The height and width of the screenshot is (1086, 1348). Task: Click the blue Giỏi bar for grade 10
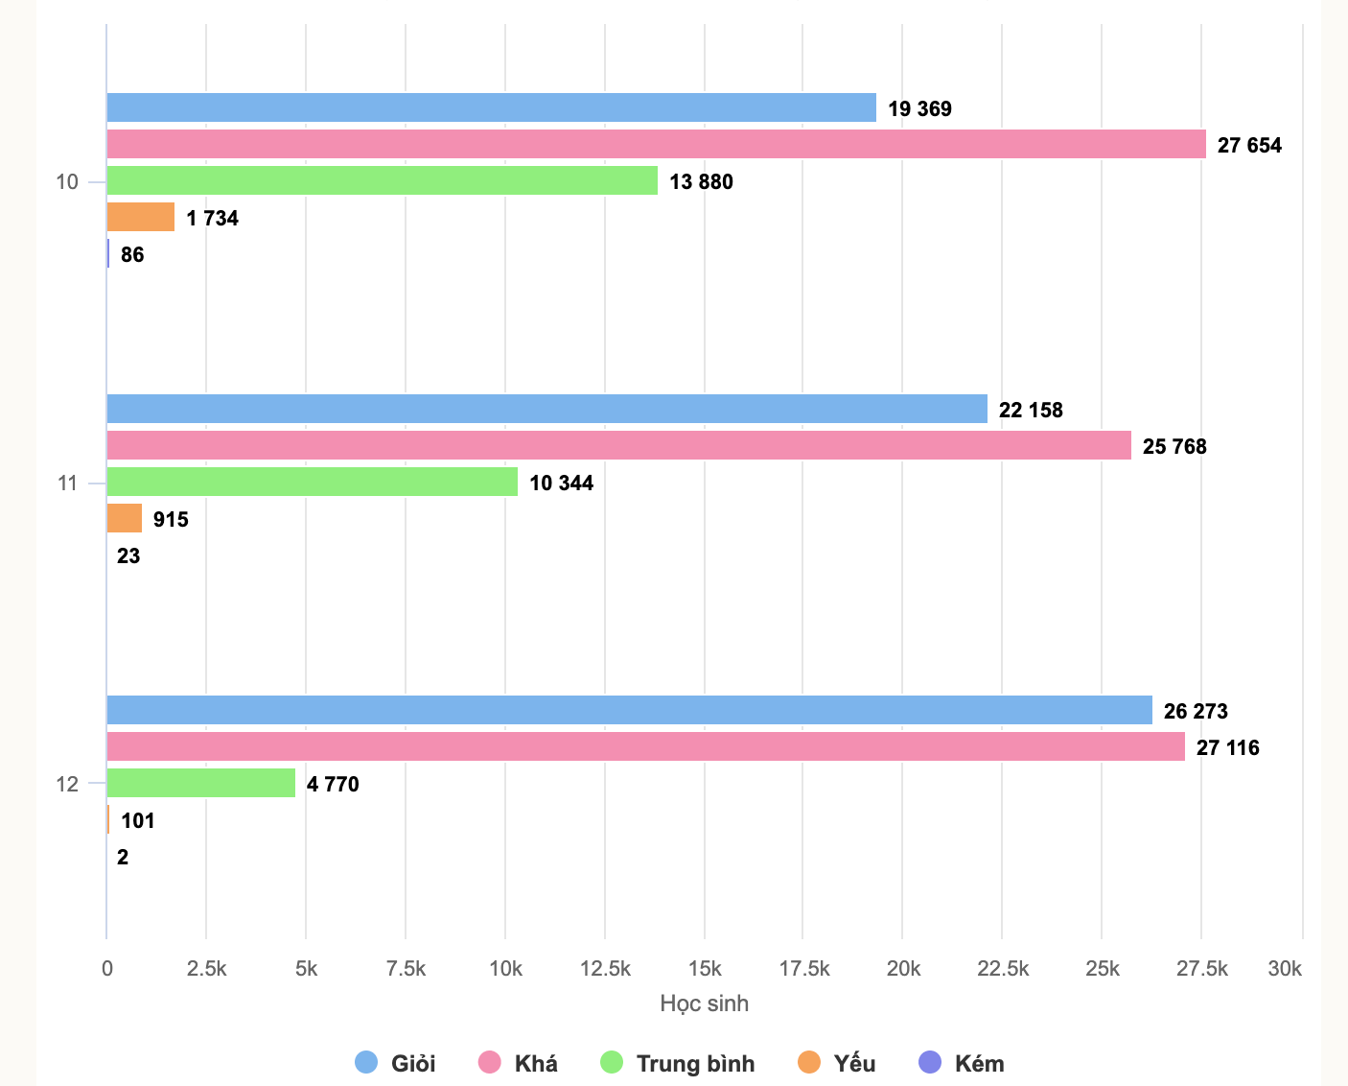click(x=491, y=107)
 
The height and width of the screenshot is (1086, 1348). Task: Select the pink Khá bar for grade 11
click(x=618, y=445)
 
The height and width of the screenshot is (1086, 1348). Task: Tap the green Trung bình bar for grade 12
click(x=200, y=783)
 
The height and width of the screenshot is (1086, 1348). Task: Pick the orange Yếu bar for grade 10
click(x=140, y=217)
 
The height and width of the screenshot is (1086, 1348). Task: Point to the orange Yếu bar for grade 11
click(x=124, y=518)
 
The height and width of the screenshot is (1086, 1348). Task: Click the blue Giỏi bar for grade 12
click(x=629, y=710)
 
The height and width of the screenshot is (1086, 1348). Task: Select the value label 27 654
click(x=1249, y=145)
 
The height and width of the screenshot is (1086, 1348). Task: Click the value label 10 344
click(x=561, y=483)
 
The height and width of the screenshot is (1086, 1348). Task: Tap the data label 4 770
click(x=333, y=784)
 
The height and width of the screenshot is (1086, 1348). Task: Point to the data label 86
click(x=132, y=254)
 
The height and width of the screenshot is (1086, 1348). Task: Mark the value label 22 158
click(x=1031, y=410)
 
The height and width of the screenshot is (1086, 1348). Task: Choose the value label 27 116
click(x=1227, y=747)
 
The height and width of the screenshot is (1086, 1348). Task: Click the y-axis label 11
click(x=67, y=483)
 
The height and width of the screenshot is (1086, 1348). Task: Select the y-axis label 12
click(x=67, y=784)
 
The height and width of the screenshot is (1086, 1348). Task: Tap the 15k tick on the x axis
click(x=705, y=968)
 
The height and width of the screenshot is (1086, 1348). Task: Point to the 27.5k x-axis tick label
click(x=1201, y=968)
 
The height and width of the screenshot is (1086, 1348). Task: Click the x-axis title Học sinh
click(x=704, y=1003)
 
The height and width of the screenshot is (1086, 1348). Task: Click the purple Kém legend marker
click(x=930, y=1062)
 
